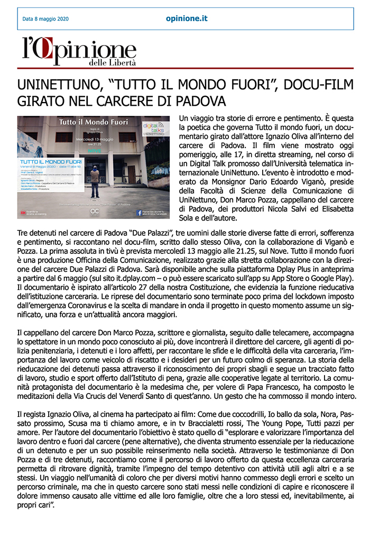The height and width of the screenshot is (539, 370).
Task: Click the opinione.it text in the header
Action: click(187, 19)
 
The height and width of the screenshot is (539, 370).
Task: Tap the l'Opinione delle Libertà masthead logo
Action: click(79, 52)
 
